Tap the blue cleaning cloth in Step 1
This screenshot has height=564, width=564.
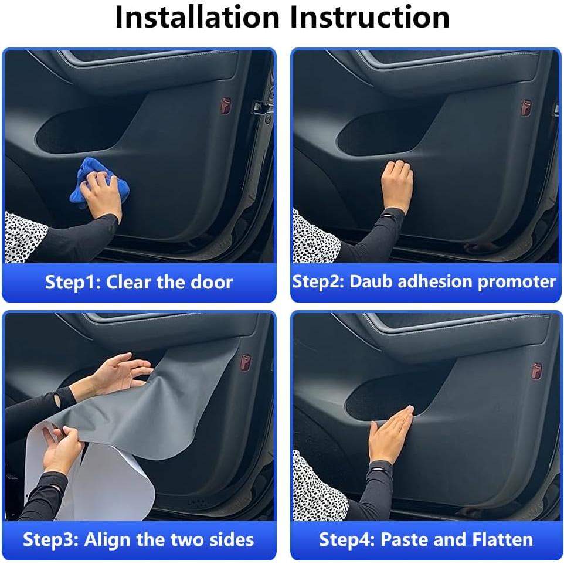(x=97, y=182)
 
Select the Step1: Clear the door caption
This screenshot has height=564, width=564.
(x=139, y=282)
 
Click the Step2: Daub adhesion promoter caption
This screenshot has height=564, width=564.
(x=424, y=281)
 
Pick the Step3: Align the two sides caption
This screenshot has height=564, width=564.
(x=138, y=539)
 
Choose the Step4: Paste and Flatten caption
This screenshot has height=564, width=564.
(x=426, y=539)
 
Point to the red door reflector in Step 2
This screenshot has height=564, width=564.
(x=526, y=108)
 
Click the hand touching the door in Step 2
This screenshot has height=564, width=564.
(x=397, y=185)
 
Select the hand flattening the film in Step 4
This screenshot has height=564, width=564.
(x=389, y=434)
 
